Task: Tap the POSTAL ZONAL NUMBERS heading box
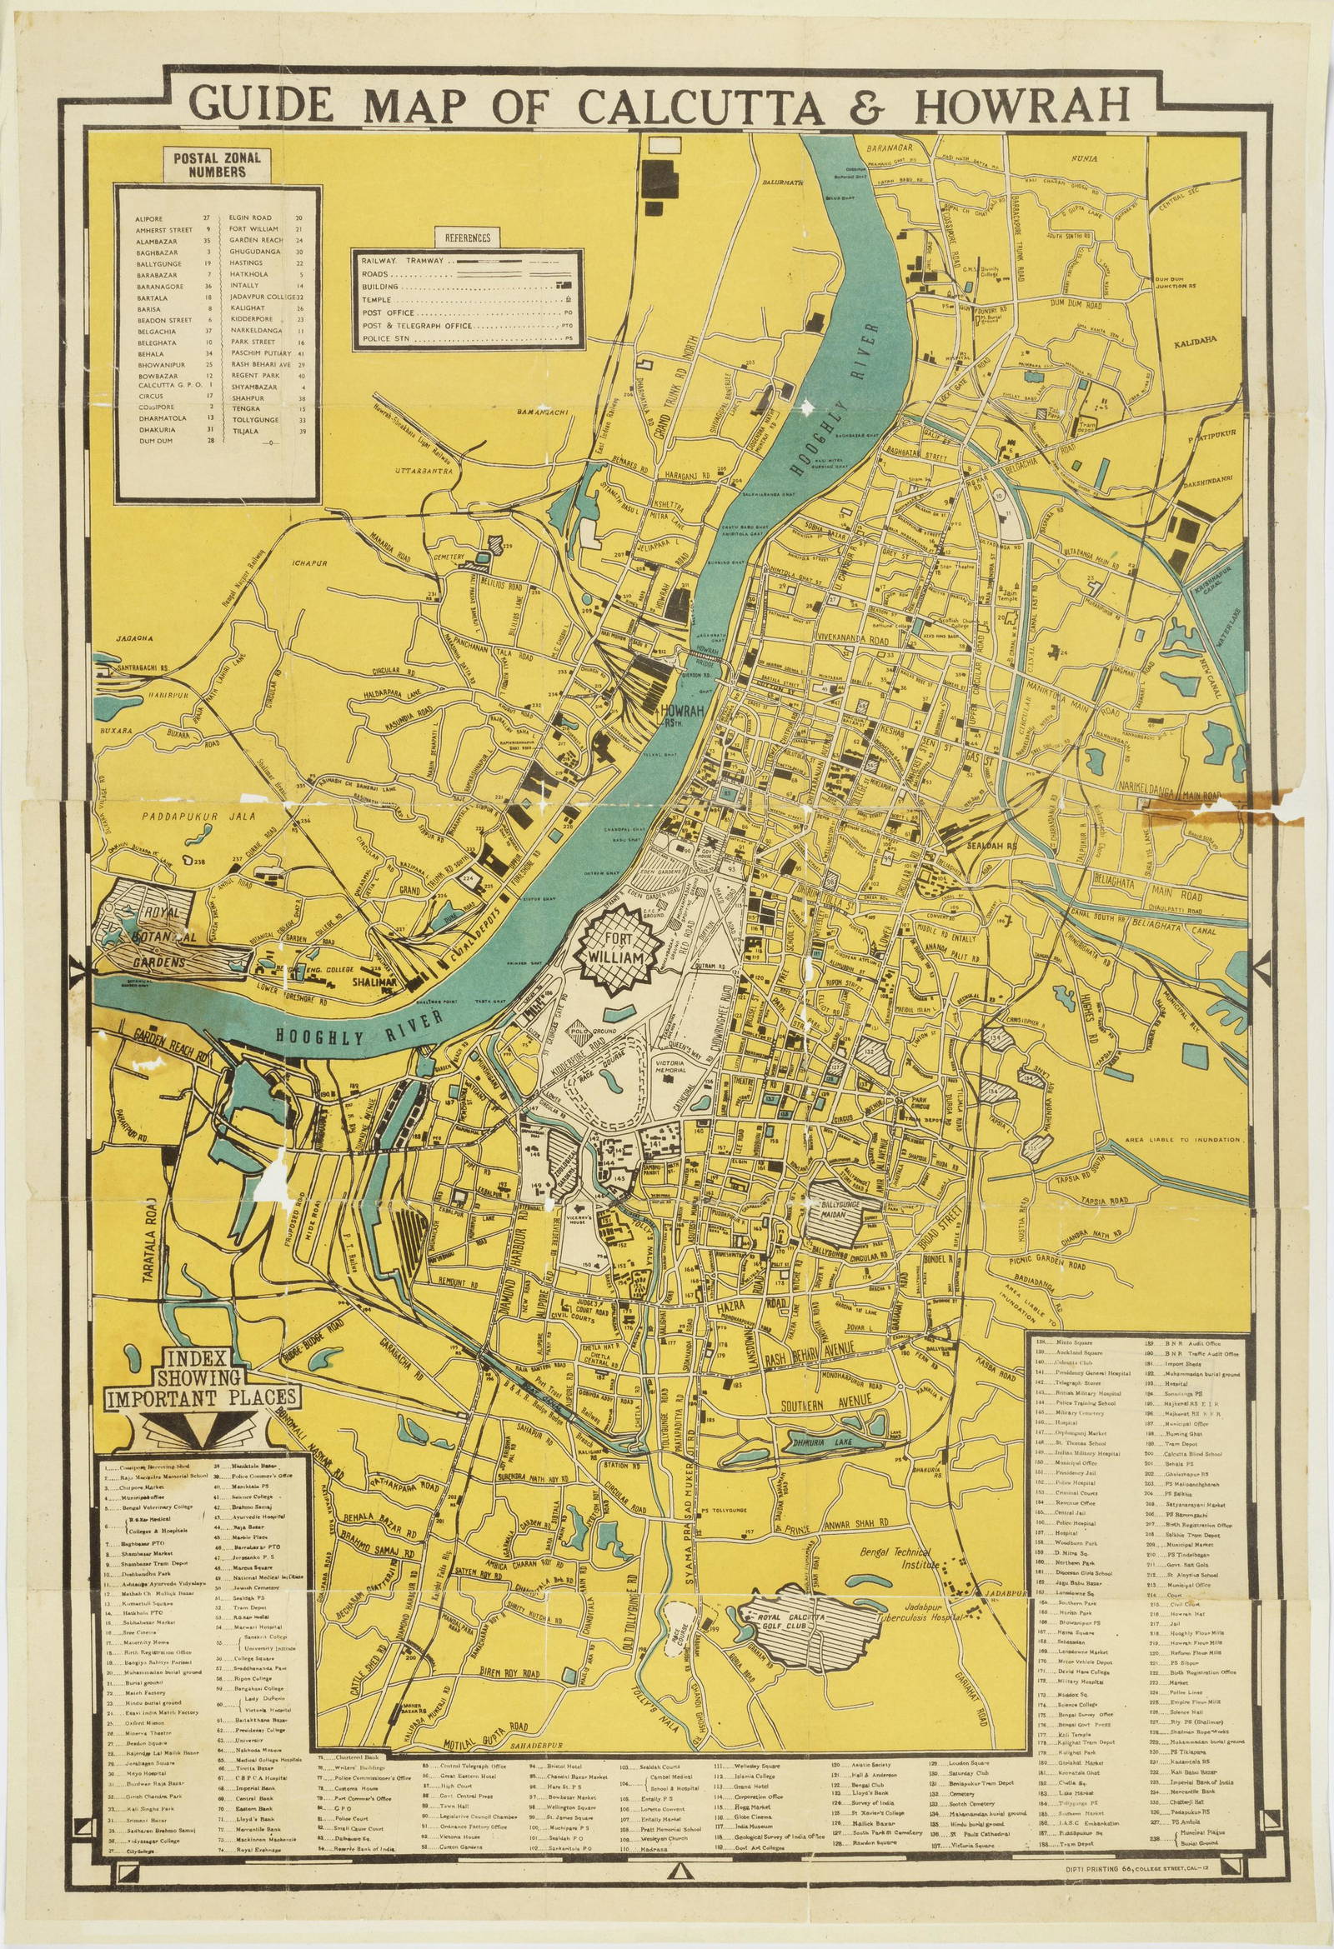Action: pos(217,163)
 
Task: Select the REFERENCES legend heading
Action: pos(468,237)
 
